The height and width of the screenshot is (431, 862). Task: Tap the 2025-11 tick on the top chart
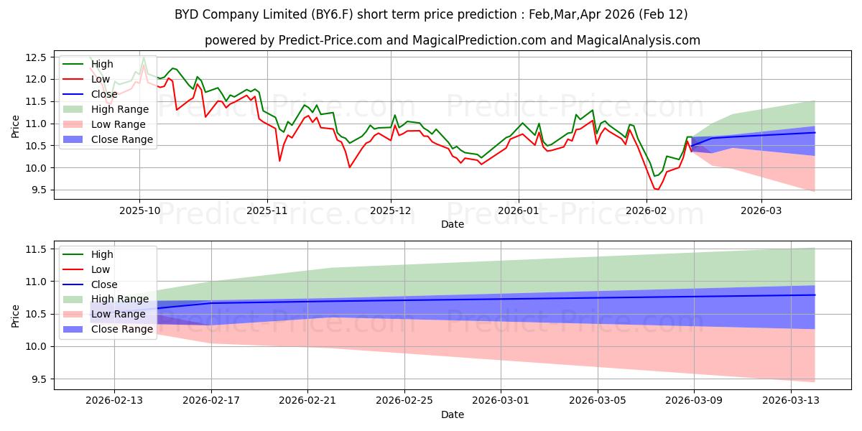(x=267, y=211)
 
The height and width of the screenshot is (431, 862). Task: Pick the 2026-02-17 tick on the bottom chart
(x=211, y=401)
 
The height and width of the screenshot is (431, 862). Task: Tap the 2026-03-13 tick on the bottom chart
(x=791, y=401)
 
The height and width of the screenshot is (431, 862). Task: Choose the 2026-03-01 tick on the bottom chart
(x=501, y=401)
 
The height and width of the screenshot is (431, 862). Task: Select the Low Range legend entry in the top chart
(x=120, y=124)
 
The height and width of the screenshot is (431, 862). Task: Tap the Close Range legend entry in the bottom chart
(x=122, y=329)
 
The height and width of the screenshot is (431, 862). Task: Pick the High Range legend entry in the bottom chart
(x=120, y=299)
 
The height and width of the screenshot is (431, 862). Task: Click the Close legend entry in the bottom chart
(x=104, y=284)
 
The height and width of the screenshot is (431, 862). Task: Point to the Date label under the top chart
(x=453, y=225)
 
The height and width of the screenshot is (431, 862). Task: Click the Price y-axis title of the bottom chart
(x=16, y=315)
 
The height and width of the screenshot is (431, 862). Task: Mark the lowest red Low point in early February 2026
(x=656, y=189)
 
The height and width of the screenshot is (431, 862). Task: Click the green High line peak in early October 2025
(x=144, y=57)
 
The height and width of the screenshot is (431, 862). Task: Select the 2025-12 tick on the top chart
(x=391, y=211)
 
